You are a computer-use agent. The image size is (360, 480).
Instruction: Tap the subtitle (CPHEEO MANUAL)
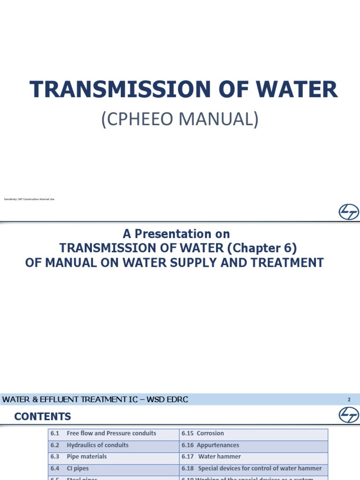pos(180,119)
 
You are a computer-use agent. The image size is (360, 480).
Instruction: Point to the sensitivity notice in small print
pos(29,199)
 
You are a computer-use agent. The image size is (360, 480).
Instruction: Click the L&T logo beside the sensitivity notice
pos(349,212)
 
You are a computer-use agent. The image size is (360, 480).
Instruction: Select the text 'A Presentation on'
pos(176,233)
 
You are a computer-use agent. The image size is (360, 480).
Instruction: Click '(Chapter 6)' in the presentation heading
pos(266,247)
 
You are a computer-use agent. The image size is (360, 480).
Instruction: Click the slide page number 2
pos(349,400)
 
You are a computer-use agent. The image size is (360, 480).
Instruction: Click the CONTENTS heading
pos(43,416)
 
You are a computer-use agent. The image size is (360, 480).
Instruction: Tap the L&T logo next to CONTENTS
pos(349,415)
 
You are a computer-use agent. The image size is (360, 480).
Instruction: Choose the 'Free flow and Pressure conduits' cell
pos(112,434)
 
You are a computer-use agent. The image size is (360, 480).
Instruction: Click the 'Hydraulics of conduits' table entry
pos(97,445)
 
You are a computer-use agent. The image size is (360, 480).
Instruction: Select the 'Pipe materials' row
pos(87,457)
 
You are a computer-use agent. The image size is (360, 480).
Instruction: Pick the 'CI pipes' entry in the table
pos(77,468)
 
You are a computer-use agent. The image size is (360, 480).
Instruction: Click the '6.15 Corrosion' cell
pos(203,434)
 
